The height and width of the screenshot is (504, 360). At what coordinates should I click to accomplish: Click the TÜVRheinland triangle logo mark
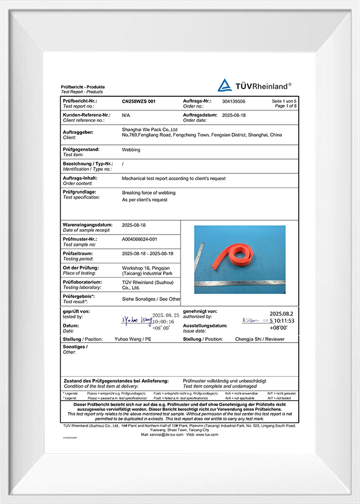[x=224, y=85]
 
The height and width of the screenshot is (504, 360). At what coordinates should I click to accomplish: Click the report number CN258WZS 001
[x=138, y=102]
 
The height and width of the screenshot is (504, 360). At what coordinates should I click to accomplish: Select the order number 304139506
[x=234, y=102]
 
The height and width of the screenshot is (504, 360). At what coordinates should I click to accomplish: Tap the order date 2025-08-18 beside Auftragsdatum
[x=234, y=115]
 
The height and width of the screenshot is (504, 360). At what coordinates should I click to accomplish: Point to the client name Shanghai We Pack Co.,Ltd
[x=150, y=129]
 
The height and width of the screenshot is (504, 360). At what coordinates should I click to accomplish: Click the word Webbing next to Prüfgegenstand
[x=131, y=149]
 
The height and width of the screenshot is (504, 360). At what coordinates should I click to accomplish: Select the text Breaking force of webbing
[x=148, y=193]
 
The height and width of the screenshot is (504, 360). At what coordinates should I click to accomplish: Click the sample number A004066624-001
[x=140, y=239]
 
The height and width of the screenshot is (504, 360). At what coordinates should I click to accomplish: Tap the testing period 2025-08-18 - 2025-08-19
[x=147, y=253]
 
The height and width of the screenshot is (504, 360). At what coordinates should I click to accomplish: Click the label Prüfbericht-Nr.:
[x=80, y=102]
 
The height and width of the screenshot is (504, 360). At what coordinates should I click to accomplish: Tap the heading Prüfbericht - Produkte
[x=83, y=87]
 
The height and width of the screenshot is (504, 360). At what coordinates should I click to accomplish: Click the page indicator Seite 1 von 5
[x=284, y=102]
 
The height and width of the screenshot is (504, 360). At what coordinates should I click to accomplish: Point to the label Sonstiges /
[x=75, y=347]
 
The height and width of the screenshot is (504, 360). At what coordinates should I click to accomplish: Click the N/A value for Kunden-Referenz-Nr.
[x=126, y=115]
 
